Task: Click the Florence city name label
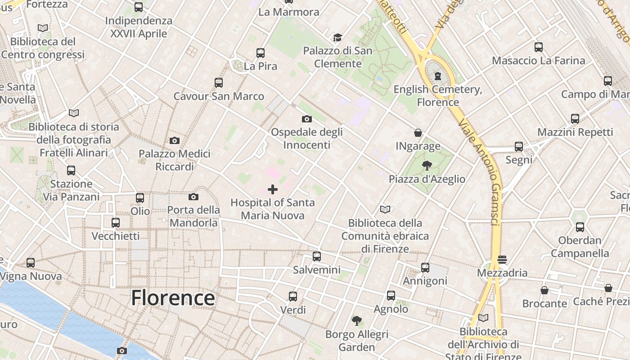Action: point(173,298)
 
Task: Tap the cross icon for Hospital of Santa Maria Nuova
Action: point(273,189)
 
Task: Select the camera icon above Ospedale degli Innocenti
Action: point(307,119)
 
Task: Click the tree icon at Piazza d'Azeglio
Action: point(427,166)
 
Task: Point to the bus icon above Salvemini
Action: point(317,256)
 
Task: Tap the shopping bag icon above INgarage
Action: point(418,133)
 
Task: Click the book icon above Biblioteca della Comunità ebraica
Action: point(385,209)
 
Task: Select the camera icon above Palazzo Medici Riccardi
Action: point(175,140)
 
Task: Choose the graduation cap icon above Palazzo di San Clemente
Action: point(337,37)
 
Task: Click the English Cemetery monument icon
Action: point(438,76)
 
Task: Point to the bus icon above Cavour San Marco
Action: point(219,83)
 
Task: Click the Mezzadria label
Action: point(502,273)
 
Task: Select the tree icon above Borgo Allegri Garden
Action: point(357,321)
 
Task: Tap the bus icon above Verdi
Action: point(293,297)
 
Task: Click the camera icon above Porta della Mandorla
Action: point(193,197)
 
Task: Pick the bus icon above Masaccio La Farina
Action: point(538,47)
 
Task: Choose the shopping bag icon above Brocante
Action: point(544,290)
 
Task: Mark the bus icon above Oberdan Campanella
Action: point(580,227)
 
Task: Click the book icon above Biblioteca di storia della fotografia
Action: point(74,113)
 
